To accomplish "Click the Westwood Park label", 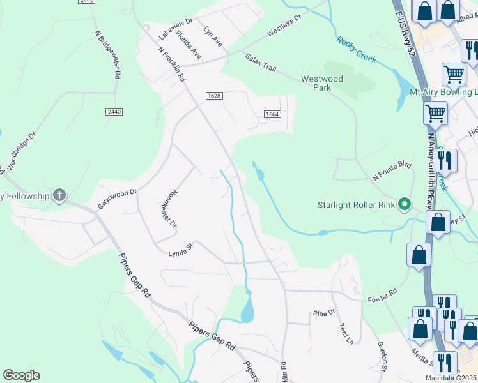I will [x=322, y=83].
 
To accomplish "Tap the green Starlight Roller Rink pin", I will [x=404, y=205].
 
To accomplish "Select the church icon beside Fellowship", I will [x=59, y=195].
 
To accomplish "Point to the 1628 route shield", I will [x=214, y=96].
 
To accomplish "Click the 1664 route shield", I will [x=272, y=114].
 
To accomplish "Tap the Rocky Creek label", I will [x=356, y=50].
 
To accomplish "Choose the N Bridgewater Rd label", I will [x=107, y=54].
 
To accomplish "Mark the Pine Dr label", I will [x=324, y=313].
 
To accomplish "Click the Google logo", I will [x=21, y=375].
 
